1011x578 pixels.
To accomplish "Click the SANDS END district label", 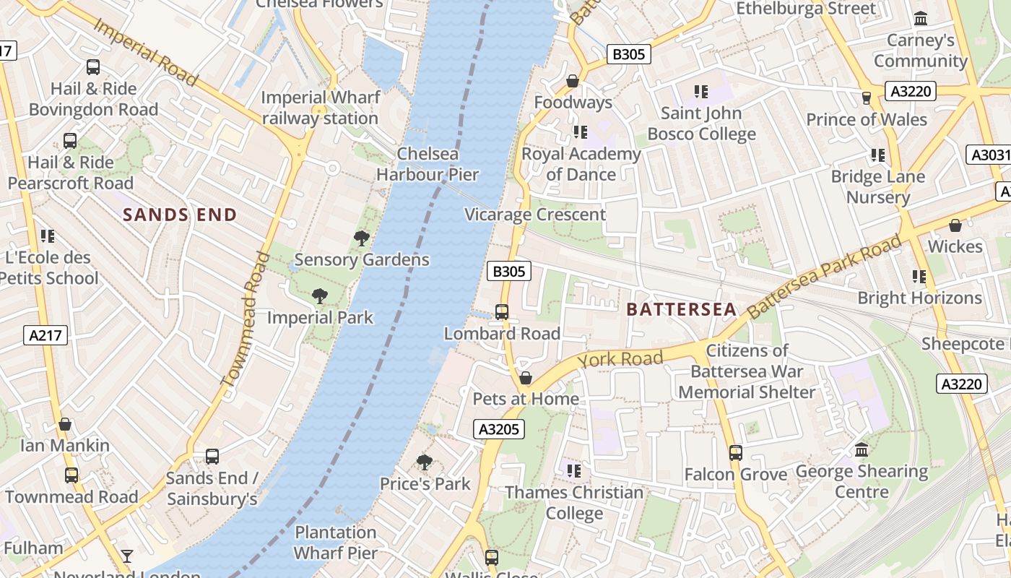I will tap(179, 215).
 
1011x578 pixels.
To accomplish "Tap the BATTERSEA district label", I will tap(681, 310).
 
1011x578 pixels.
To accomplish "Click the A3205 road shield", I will tap(499, 429).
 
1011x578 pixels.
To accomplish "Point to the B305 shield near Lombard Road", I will tap(508, 272).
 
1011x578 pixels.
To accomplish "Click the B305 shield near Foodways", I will tap(628, 53).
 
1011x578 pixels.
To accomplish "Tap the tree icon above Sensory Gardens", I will tap(361, 238).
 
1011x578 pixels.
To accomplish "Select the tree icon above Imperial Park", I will tap(319, 296).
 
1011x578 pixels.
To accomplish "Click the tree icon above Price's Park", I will tap(425, 462).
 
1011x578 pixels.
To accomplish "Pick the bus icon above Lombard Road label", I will tap(502, 312).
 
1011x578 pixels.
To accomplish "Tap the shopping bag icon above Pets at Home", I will tap(526, 378).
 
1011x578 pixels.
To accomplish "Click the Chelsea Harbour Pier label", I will tap(428, 164).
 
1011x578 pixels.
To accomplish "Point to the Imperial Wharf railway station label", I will tap(320, 108).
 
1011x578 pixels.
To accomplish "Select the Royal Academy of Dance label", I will tap(581, 164).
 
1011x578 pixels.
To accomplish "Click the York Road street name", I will tap(620, 359).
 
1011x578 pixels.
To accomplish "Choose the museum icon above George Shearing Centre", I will tap(862, 450).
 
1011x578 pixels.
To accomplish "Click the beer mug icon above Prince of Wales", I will tap(867, 98).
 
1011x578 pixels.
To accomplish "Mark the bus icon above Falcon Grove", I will tap(735, 453).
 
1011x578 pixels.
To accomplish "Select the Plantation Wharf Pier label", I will tap(336, 543).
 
